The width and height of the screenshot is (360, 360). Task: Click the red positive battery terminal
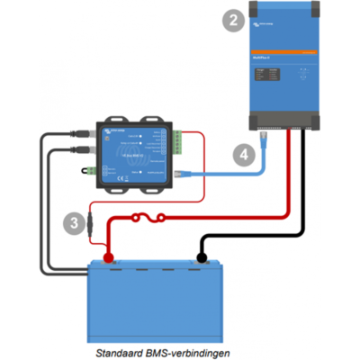pos(109,258)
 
